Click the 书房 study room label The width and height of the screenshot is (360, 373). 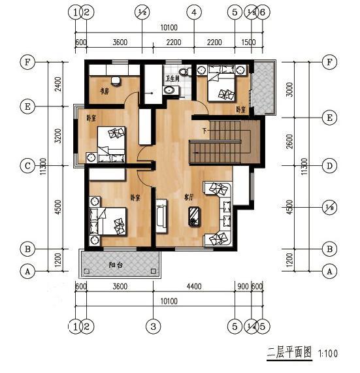point(103,89)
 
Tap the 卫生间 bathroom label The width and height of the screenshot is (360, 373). point(173,78)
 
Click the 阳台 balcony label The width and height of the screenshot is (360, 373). point(118,265)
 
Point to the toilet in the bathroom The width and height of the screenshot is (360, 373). point(183,69)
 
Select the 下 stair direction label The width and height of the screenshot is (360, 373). point(205,131)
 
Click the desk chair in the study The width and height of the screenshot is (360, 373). point(116,80)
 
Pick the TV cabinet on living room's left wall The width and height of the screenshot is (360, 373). point(161,217)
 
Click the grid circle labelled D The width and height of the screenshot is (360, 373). point(330,166)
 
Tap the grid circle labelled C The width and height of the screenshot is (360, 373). point(27,166)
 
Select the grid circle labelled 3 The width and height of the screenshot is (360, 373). point(153,325)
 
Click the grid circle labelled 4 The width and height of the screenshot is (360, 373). point(193,12)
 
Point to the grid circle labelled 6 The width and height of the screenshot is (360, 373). point(262,12)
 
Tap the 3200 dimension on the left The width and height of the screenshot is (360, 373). point(57,136)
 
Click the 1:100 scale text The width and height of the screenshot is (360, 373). point(329,353)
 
